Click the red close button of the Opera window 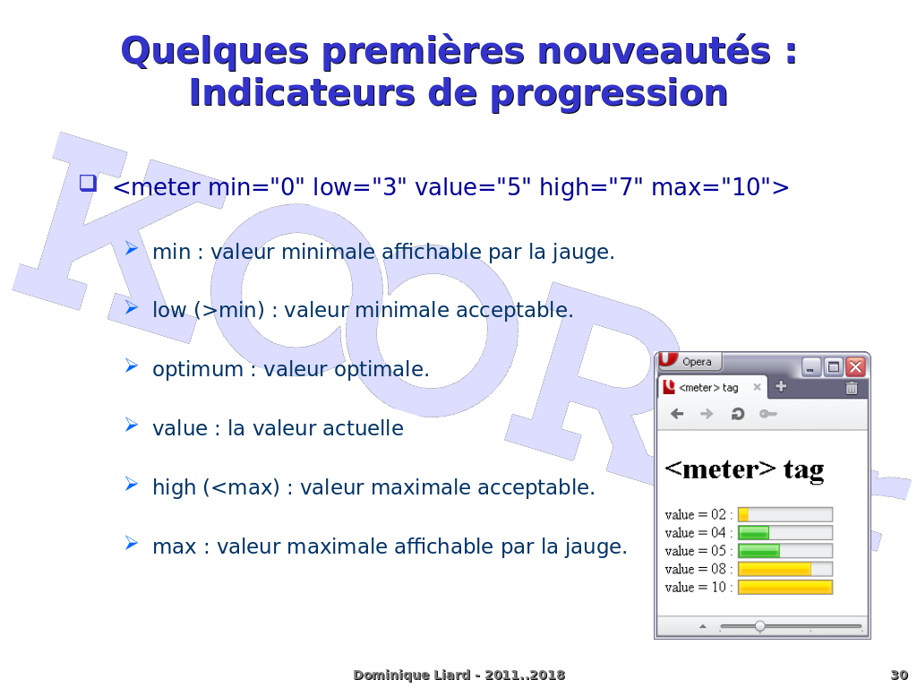coord(855,366)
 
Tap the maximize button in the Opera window coord(834,366)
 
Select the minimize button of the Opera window coord(811,366)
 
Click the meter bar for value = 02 coord(784,515)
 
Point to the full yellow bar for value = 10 coord(784,588)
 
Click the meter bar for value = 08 coord(784,569)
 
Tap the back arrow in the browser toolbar coord(677,414)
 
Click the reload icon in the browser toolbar coord(738,414)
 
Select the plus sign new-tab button coord(781,386)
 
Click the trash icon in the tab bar coord(852,387)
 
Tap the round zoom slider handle coord(759,626)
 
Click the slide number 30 coord(899,675)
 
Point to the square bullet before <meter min coord(88,183)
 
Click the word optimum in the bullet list coord(198,370)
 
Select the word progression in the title coord(609,94)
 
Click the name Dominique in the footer coord(382,675)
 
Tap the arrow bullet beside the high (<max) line coord(132,485)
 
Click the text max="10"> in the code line coord(720,187)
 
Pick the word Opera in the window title coord(697,362)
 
